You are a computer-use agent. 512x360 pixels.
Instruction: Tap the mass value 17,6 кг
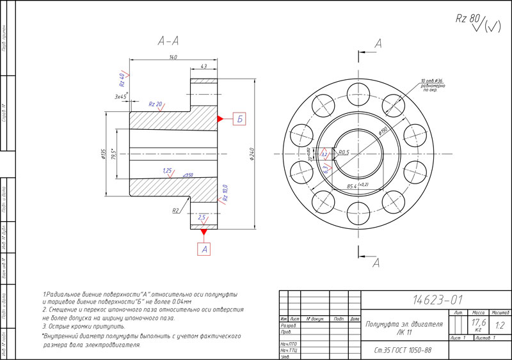coord(478,324)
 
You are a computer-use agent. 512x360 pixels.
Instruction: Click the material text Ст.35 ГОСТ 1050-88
coord(403,349)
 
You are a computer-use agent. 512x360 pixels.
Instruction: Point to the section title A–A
coord(168,41)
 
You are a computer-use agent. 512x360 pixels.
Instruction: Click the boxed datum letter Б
coord(239,118)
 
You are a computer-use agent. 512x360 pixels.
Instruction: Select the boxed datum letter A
coord(204,249)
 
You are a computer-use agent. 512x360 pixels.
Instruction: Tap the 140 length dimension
coord(173,58)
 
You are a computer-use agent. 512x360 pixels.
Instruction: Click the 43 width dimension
coord(204,66)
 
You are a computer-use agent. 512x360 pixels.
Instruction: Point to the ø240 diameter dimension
coord(254,153)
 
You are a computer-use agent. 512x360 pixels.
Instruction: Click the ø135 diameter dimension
coord(104,155)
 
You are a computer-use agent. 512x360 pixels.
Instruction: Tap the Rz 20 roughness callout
coord(156,104)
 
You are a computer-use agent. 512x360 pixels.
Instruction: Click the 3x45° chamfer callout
coord(121,97)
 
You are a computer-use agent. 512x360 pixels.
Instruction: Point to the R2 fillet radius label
coord(175,210)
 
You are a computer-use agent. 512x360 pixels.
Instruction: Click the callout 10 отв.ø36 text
coord(432,81)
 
